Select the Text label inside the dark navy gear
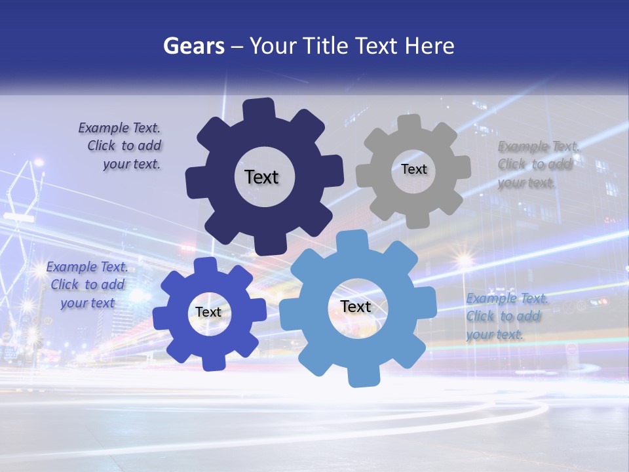click(x=261, y=177)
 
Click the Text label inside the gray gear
click(x=413, y=169)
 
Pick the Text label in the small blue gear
click(x=208, y=313)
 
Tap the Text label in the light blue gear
click(x=356, y=306)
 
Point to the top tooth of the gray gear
click(x=409, y=123)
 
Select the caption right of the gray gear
click(x=536, y=165)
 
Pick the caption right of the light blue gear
click(x=506, y=316)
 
